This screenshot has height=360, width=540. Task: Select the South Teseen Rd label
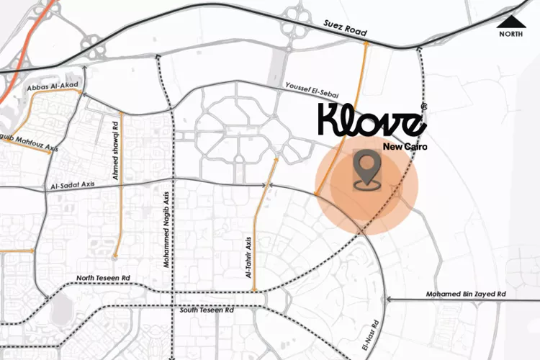207,310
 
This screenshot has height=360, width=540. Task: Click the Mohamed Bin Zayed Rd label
466,294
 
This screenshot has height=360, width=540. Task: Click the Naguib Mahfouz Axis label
27,145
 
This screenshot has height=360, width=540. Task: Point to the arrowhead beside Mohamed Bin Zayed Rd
390,299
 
